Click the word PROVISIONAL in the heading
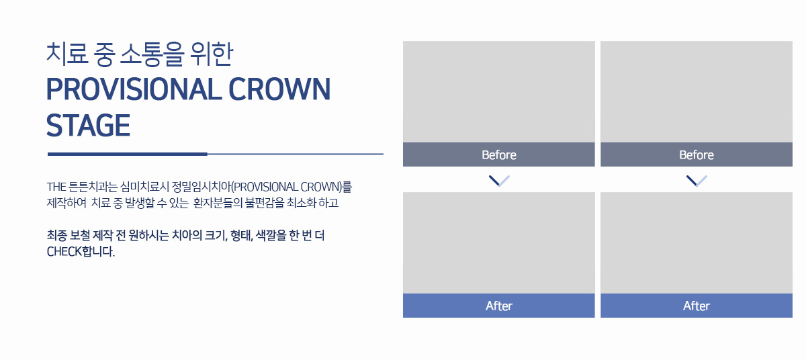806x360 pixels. coord(134,89)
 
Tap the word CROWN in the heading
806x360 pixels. coord(279,89)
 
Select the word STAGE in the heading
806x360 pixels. coord(88,126)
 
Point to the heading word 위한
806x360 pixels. coord(212,54)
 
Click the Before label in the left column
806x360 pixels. coord(498,155)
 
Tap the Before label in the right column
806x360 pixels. coord(697,155)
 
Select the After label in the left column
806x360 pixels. coord(498,306)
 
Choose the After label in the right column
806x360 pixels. coord(697,306)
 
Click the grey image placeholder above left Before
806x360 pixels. coord(498,92)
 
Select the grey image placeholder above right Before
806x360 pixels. coord(697,92)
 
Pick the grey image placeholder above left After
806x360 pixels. coord(498,242)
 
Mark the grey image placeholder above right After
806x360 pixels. coord(697,242)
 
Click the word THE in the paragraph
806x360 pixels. coord(56,187)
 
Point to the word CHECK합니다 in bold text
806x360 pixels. coord(81,251)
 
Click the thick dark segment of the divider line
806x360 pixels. coord(128,154)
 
